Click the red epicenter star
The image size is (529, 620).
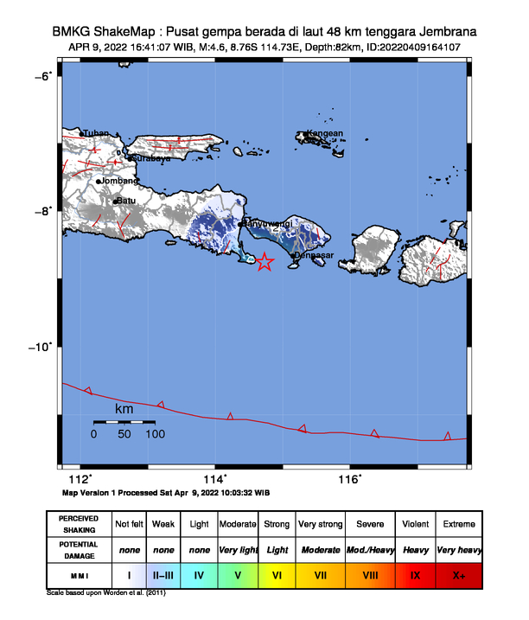(264, 262)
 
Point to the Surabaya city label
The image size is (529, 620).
(150, 158)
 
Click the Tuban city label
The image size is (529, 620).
(96, 133)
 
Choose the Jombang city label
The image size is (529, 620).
(119, 181)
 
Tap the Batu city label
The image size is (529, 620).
(126, 201)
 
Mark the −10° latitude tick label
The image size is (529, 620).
(40, 346)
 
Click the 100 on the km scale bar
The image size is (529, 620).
(156, 434)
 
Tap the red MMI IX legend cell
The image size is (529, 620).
(416, 574)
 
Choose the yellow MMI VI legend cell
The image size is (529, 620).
(277, 574)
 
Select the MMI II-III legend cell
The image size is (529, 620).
(163, 574)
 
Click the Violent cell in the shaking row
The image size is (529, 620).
(416, 524)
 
